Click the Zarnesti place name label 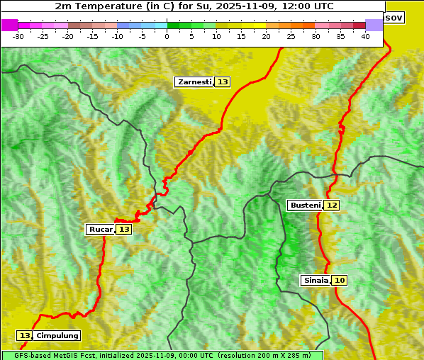(x=194, y=82)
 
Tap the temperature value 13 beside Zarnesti (x=223, y=82)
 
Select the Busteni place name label (x=305, y=205)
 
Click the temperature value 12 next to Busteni (x=332, y=205)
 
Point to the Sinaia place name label (x=316, y=280)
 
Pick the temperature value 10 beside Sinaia (x=340, y=280)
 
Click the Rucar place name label (x=100, y=229)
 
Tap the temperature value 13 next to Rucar (x=124, y=229)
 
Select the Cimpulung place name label (x=57, y=335)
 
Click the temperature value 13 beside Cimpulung (x=25, y=335)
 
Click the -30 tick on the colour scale (x=18, y=36)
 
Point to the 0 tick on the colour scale (x=167, y=36)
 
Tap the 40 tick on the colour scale (x=365, y=36)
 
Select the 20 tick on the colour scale (x=267, y=36)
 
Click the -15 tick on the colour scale (x=93, y=36)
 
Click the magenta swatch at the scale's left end (x=10, y=25)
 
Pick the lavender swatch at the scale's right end (x=374, y=25)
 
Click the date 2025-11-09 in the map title (x=257, y=6)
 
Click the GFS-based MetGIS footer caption (x=162, y=355)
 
